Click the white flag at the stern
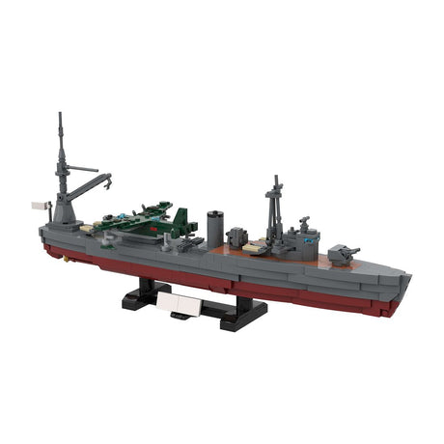pos(40,205)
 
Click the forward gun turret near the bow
pos(342,254)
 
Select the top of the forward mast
pos(276,179)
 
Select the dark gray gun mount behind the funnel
pos(236,236)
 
